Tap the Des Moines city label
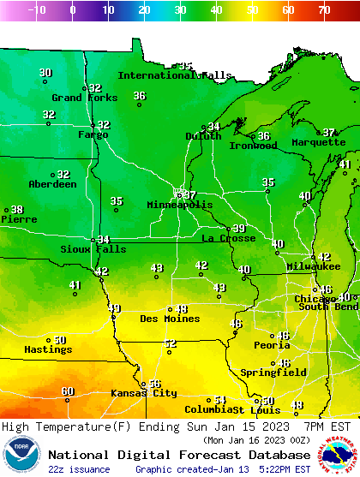tap(170, 319)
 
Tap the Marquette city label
tap(318, 143)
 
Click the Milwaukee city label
tap(314, 267)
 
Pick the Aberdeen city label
tap(52, 184)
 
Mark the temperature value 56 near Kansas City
tap(154, 385)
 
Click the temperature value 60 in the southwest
tap(68, 391)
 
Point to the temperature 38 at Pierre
tap(17, 210)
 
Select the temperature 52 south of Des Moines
tap(171, 343)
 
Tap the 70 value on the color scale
tap(323, 10)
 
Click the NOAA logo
tap(21, 455)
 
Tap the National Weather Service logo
tap(339, 455)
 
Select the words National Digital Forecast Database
tap(180, 455)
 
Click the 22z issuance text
tap(79, 469)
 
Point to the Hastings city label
tap(48, 349)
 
